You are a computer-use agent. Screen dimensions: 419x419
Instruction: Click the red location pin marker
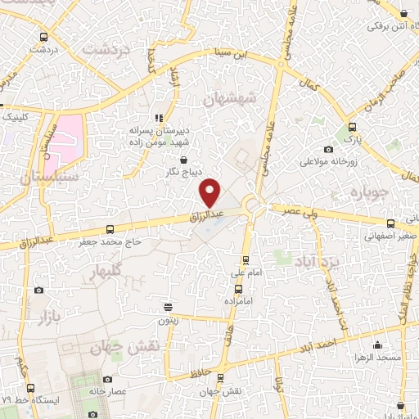click(x=211, y=192)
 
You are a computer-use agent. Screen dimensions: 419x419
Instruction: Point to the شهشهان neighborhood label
click(x=230, y=98)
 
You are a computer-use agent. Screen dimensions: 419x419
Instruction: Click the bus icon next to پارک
click(x=352, y=127)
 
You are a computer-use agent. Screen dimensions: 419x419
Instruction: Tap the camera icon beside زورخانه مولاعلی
click(x=328, y=149)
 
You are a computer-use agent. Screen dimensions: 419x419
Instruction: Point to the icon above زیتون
click(x=168, y=308)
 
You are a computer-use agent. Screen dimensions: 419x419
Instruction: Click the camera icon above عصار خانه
click(x=107, y=379)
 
